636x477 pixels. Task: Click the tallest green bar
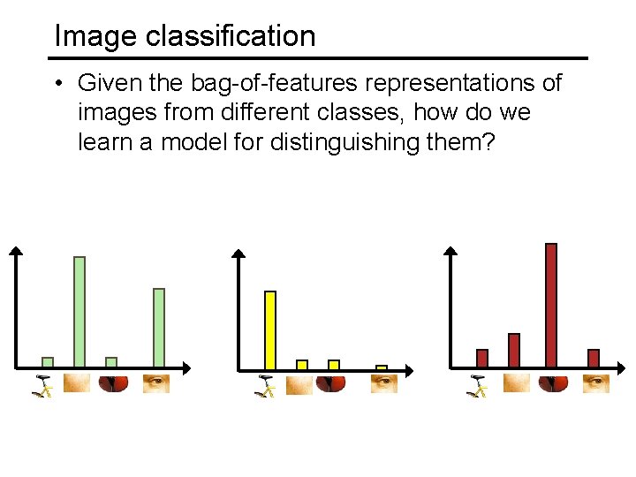pyautogui.click(x=79, y=311)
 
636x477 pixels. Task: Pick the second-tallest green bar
pyautogui.click(x=159, y=327)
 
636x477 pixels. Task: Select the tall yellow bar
pyautogui.click(x=270, y=329)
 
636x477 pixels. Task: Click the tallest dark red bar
pyautogui.click(x=551, y=305)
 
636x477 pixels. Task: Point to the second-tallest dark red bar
pyautogui.click(x=514, y=350)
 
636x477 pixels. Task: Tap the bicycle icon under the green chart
pyautogui.click(x=43, y=385)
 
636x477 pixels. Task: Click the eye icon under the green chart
pyautogui.click(x=156, y=383)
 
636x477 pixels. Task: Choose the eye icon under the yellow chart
pyautogui.click(x=383, y=383)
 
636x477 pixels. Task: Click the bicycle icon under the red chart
pyautogui.click(x=478, y=385)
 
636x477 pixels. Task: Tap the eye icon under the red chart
pyautogui.click(x=596, y=383)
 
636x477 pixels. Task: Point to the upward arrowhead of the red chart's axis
pyautogui.click(x=450, y=253)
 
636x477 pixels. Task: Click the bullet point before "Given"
pyautogui.click(x=56, y=84)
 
